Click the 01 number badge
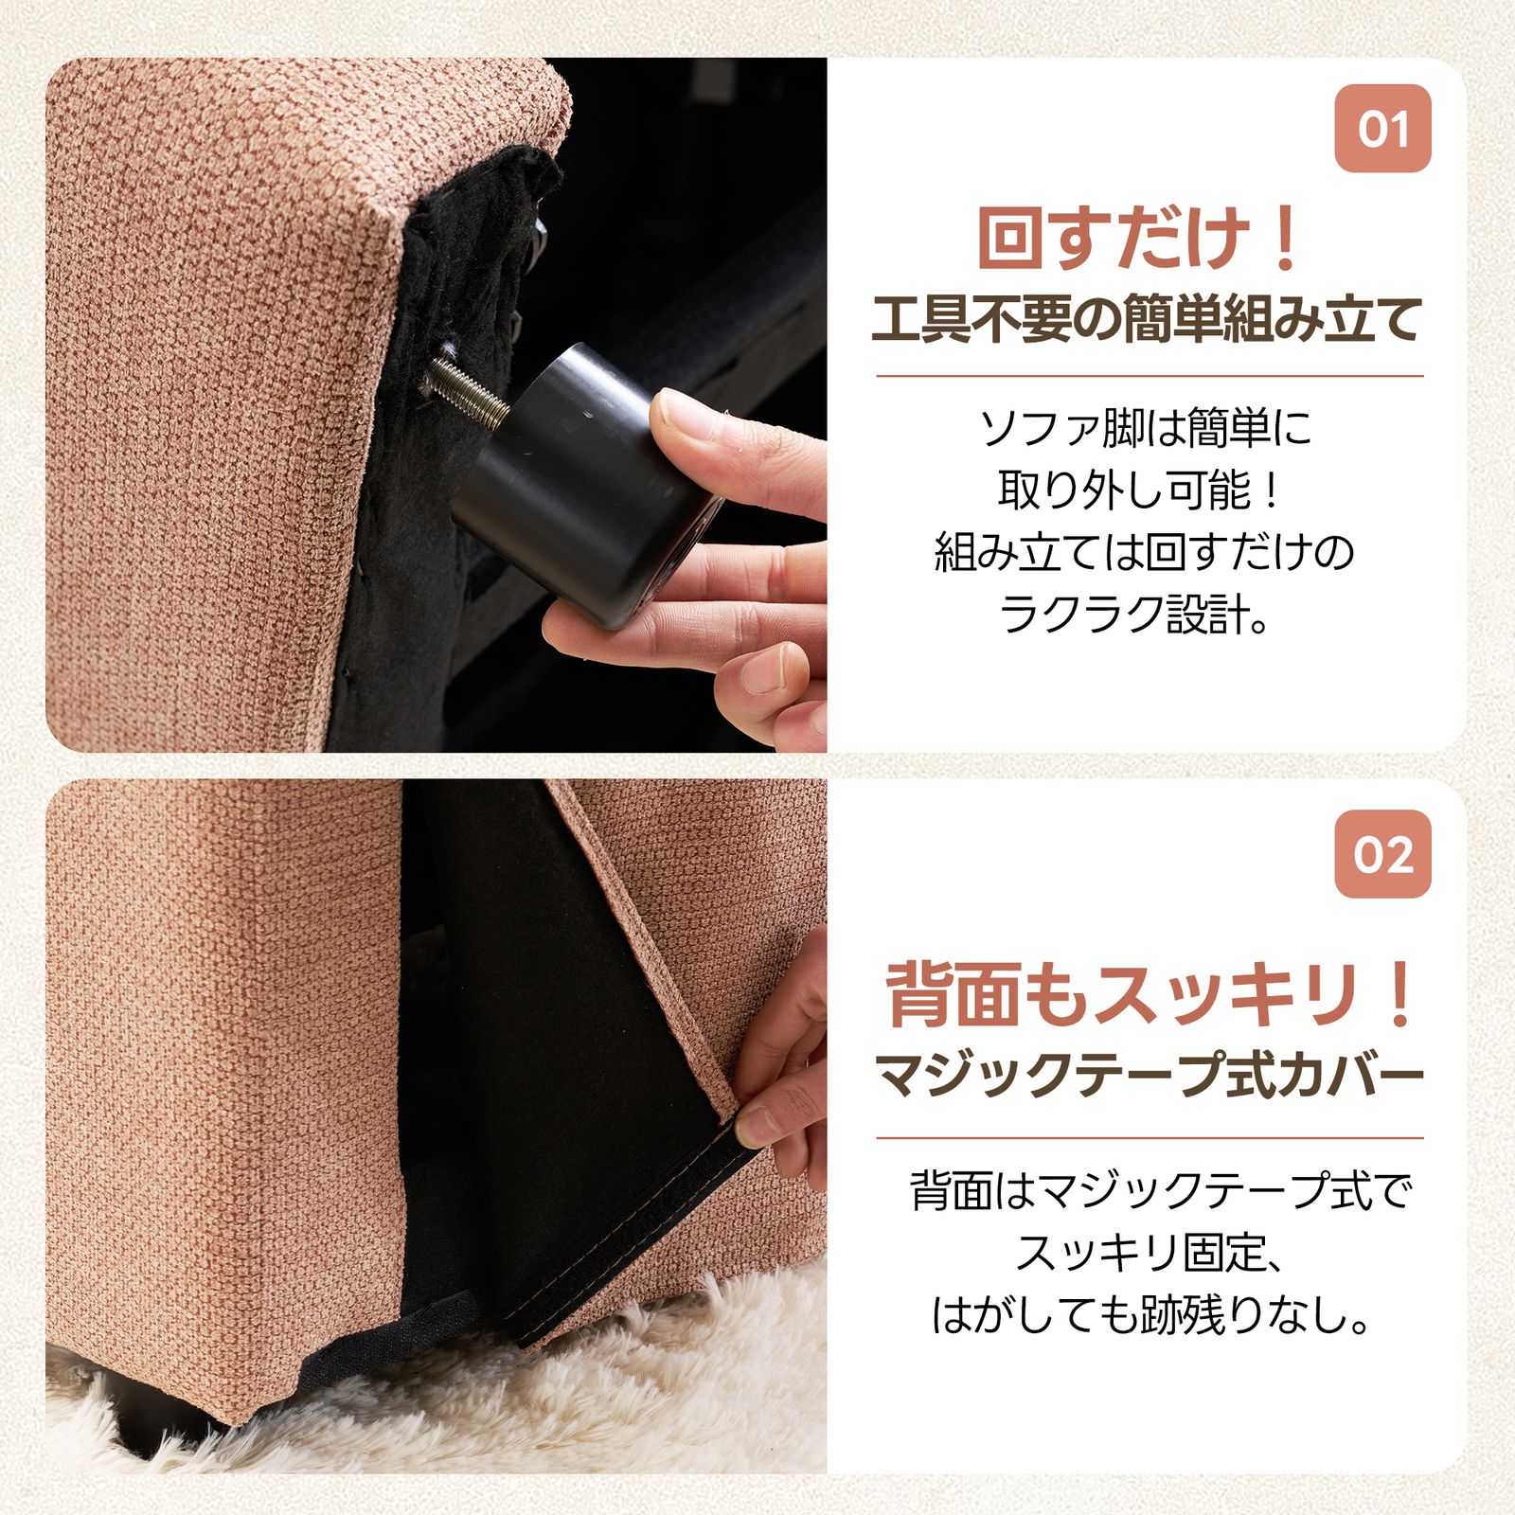[x=1381, y=129]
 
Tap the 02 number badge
[x=1381, y=854]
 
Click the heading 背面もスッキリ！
[x=1150, y=994]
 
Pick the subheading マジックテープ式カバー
[x=1150, y=1075]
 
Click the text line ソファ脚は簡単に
[x=1146, y=429]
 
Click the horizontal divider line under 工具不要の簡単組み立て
[x=1150, y=376]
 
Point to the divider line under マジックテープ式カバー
[x=1150, y=1138]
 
